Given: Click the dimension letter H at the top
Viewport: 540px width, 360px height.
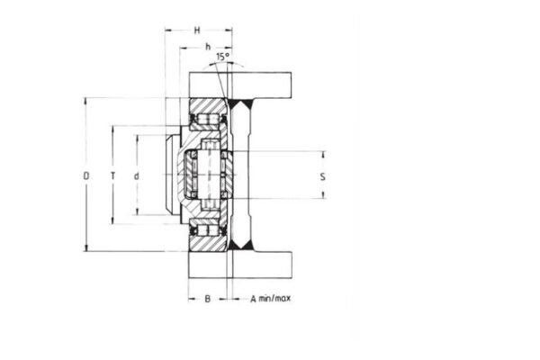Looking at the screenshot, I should coord(197,31).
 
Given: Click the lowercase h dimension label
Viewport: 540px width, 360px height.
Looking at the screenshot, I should coord(206,48).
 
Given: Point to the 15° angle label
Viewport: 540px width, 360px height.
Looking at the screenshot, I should coord(222,56).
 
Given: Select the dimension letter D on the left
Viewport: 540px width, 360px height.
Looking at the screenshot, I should coord(86,175).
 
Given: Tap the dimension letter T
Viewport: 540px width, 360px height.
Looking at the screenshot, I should coord(112,175).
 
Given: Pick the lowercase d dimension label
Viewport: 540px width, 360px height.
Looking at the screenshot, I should coord(136,175).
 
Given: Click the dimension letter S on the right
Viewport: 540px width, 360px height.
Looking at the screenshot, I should coord(322,175).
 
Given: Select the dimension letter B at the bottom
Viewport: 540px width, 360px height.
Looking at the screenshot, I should coord(206,298).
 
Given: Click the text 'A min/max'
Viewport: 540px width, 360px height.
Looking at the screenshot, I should coord(270,298).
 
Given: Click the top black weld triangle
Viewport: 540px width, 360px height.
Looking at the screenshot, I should coord(239,104).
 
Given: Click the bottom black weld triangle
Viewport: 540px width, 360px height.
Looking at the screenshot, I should coord(239,244).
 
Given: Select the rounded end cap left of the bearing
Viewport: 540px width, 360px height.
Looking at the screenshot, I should coord(170,175).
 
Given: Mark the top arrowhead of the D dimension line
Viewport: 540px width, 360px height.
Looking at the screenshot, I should coord(86,100).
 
